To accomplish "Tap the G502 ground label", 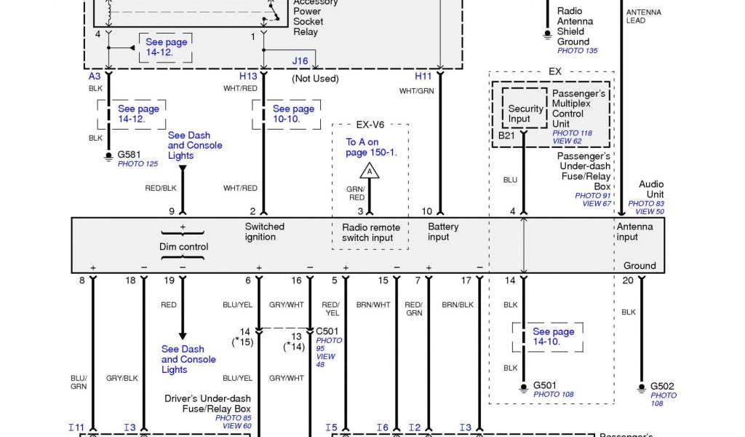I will pyautogui.click(x=664, y=386).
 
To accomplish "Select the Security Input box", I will pyautogui.click(x=525, y=114).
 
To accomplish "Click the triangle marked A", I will pyautogui.click(x=370, y=171).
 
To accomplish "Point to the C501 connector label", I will pyautogui.click(x=329, y=331).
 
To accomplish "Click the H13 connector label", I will pyautogui.click(x=248, y=76).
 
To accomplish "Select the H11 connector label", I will pyautogui.click(x=423, y=76).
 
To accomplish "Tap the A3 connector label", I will pyautogui.click(x=95, y=76).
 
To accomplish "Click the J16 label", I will pyautogui.click(x=300, y=62).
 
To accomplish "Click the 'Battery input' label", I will pyautogui.click(x=443, y=232).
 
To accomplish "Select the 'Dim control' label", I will pyautogui.click(x=183, y=247).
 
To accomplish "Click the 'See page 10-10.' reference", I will pyautogui.click(x=293, y=114).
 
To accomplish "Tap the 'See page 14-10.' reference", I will pyautogui.click(x=553, y=336).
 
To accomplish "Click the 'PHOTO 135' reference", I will pyautogui.click(x=577, y=51).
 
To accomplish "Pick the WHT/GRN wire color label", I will pyautogui.click(x=415, y=91).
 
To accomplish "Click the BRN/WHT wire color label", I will pyautogui.click(x=373, y=305).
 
